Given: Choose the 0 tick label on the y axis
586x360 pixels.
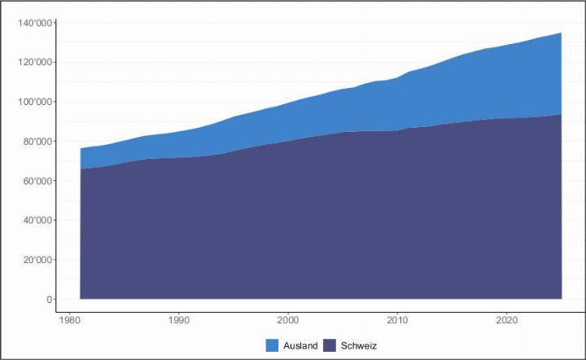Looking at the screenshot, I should coord(48,300).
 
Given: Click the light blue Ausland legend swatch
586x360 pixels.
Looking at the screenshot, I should coord(272,345).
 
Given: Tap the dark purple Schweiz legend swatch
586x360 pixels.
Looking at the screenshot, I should coord(331,345).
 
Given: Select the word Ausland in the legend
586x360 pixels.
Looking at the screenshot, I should coord(300,345).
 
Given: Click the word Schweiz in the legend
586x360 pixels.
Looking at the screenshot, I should coord(360,345).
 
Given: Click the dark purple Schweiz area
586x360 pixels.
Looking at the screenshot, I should coord(326,220).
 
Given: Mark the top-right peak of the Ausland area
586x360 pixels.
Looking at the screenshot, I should coord(561,33).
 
